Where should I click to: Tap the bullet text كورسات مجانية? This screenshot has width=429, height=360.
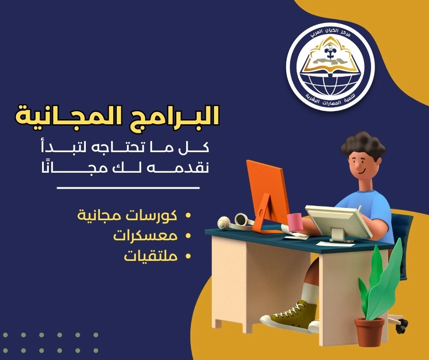pyautogui.click(x=127, y=215)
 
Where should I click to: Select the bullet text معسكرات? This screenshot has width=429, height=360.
pyautogui.click(x=145, y=236)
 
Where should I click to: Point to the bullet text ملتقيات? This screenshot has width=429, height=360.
pyautogui.click(x=150, y=256)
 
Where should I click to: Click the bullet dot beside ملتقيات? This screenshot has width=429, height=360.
pyautogui.click(x=187, y=257)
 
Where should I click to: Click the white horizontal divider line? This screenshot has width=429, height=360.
pyautogui.click(x=128, y=188)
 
